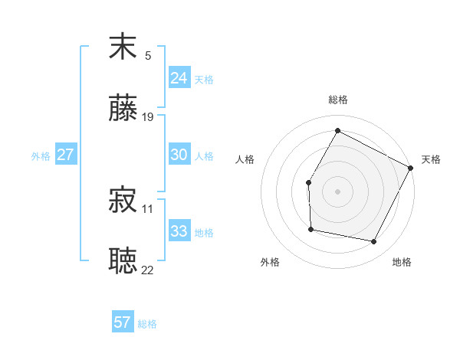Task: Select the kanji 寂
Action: click(123, 200)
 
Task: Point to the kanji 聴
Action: click(123, 260)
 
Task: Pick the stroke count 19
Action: click(148, 117)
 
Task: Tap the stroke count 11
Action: click(148, 208)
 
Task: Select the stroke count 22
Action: click(148, 270)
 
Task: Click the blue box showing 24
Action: click(179, 78)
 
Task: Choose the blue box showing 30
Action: click(179, 155)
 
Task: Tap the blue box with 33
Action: click(179, 231)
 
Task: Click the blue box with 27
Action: click(65, 155)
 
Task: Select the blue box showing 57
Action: click(123, 322)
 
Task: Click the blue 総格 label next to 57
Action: click(147, 324)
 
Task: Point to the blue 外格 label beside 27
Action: click(41, 156)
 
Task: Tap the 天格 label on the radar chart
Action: click(431, 159)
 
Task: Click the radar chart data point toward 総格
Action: click(337, 130)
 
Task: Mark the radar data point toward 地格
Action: click(374, 242)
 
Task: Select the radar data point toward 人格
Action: click(308, 182)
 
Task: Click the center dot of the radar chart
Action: click(337, 191)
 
